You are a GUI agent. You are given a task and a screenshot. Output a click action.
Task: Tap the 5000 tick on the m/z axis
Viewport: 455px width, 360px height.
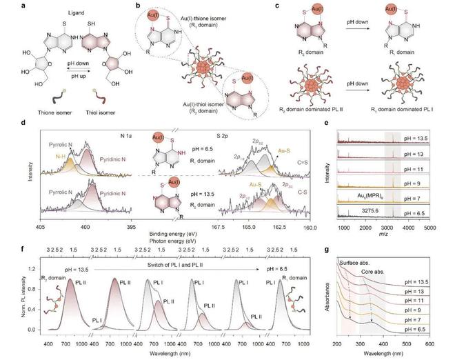point(429,226)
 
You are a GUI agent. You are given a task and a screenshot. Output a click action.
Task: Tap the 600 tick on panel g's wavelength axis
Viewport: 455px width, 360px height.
point(429,341)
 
